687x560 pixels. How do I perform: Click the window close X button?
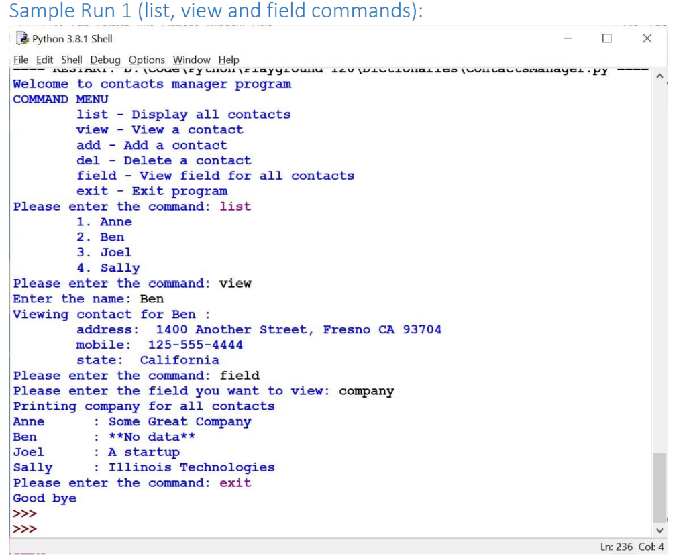647,38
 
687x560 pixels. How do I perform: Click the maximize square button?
607,38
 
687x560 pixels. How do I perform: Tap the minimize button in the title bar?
568,38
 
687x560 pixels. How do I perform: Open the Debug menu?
105,60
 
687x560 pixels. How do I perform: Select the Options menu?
147,60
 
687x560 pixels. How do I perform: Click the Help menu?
229,60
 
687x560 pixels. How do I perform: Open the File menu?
22,60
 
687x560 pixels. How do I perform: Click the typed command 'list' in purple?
235,206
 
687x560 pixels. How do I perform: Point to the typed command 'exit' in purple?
235,482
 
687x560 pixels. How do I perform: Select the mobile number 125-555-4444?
195,345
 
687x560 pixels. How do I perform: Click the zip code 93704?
422,329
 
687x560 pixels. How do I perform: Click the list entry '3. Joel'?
104,252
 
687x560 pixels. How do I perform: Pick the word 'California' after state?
179,360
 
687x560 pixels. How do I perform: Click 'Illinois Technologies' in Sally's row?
191,467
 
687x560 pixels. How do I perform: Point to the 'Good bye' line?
45,498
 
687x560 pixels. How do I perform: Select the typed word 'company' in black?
366,391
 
